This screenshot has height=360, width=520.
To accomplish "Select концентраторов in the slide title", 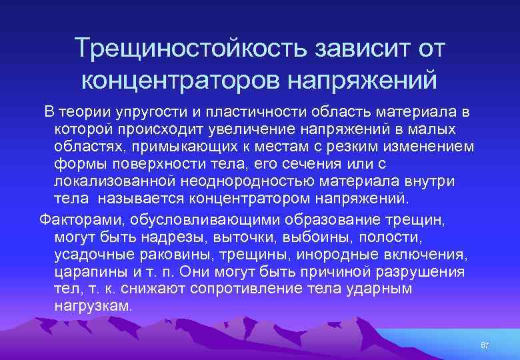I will pos(180,80).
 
